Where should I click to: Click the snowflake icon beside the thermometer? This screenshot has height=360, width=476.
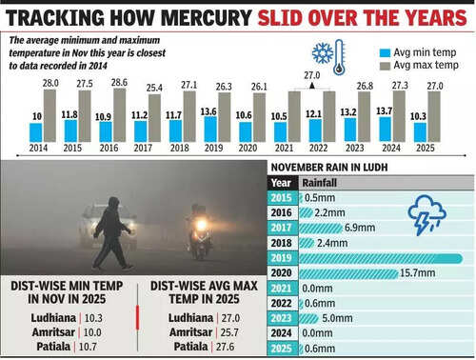321,53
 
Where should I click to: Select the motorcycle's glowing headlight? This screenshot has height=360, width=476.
201,225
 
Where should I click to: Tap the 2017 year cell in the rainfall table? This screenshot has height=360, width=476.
281,228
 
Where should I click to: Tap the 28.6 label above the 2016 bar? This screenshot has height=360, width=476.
120,82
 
